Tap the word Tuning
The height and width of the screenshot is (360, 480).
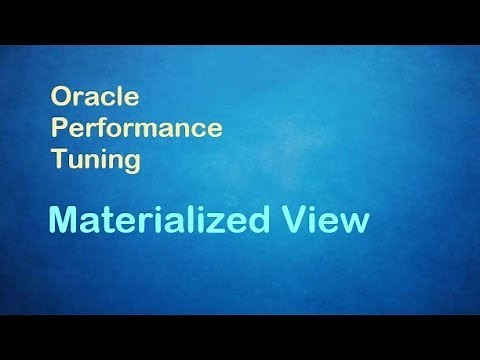point(95,160)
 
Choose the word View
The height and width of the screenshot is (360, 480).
point(329,219)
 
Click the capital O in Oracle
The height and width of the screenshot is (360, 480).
point(60,98)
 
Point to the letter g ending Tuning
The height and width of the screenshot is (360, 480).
point(131,163)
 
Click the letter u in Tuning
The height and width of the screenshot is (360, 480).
point(73,162)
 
